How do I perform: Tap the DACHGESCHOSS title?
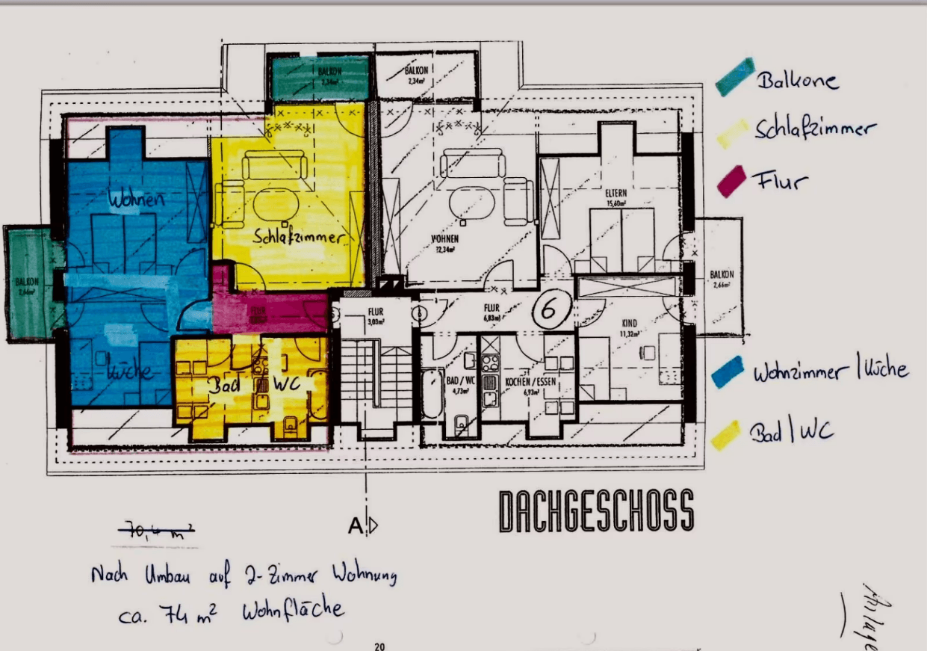point(596,511)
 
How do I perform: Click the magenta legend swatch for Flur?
point(733,181)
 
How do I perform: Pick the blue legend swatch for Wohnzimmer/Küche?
point(728,371)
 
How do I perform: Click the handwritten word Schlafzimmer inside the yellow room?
point(299,238)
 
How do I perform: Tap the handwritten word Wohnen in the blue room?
point(136,200)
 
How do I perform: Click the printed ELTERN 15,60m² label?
point(616,197)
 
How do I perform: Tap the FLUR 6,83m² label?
point(491,311)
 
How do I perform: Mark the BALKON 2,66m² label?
point(722,279)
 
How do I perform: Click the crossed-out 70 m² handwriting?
point(158,531)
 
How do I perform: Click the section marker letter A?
point(356,526)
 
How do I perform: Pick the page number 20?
point(379,647)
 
